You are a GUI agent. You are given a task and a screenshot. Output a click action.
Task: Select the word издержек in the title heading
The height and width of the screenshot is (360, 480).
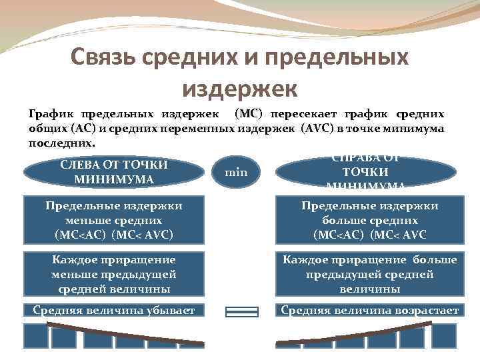click(x=239, y=87)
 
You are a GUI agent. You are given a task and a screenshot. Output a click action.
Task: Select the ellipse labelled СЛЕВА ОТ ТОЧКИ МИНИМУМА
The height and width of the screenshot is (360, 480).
click(x=113, y=172)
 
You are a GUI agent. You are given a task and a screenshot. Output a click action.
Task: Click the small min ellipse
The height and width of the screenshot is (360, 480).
click(x=236, y=173)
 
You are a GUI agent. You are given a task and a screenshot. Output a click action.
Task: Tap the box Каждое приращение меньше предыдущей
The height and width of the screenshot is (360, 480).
click(x=113, y=273)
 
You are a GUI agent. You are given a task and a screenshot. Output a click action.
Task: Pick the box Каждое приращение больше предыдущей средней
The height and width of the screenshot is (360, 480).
click(x=369, y=273)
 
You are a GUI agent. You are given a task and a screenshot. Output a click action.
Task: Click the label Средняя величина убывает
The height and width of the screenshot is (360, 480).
click(x=113, y=310)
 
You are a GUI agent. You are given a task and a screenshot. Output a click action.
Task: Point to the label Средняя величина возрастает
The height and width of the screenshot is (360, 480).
click(x=369, y=310)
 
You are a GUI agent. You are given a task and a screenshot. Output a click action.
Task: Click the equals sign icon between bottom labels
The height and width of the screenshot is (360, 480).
click(x=241, y=311)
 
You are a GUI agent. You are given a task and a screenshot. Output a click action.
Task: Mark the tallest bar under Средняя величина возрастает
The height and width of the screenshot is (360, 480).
click(x=444, y=336)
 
